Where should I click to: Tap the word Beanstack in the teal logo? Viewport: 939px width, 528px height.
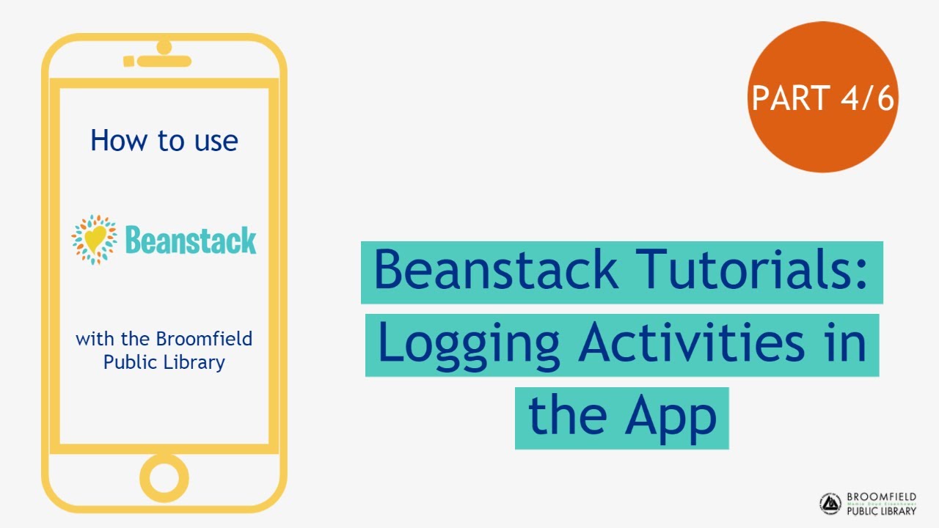point(191,240)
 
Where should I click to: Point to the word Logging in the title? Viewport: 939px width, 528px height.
point(469,344)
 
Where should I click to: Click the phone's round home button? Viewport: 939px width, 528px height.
point(164,477)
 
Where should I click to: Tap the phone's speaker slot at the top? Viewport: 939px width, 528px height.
point(164,62)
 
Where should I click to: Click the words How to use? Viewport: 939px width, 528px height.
point(164,140)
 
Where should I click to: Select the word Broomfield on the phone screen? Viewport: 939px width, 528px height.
point(204,339)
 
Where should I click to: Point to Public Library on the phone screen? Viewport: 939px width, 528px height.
point(164,362)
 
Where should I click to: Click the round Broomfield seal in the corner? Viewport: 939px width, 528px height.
point(830,504)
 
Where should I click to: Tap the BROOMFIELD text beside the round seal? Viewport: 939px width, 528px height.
point(881,497)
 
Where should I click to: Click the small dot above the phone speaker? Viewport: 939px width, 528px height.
point(164,47)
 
